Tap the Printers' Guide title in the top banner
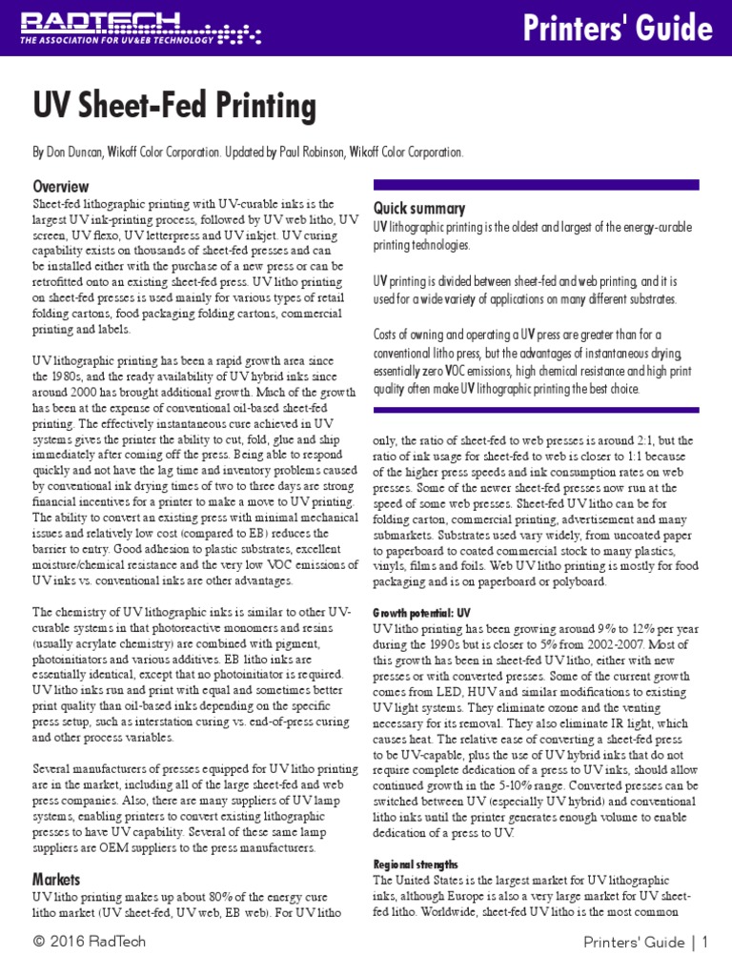(x=617, y=28)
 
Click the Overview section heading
(x=61, y=186)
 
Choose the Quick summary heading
(x=418, y=209)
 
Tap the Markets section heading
(x=56, y=879)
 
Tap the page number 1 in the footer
(x=704, y=944)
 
